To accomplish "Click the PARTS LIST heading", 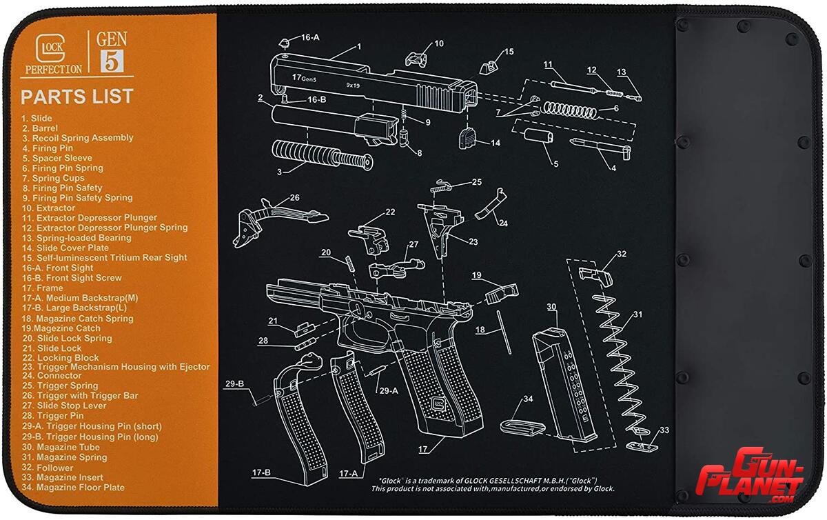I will pos(76,96).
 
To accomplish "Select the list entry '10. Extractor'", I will pos(48,208).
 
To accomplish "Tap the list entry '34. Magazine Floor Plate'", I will pos(72,488).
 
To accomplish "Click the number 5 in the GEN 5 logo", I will pos(112,61).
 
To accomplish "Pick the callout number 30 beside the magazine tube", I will pos(551,306).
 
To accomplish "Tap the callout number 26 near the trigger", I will pos(294,197).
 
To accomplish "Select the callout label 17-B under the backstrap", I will pos(261,473).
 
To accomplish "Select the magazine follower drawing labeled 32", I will pos(591,272).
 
